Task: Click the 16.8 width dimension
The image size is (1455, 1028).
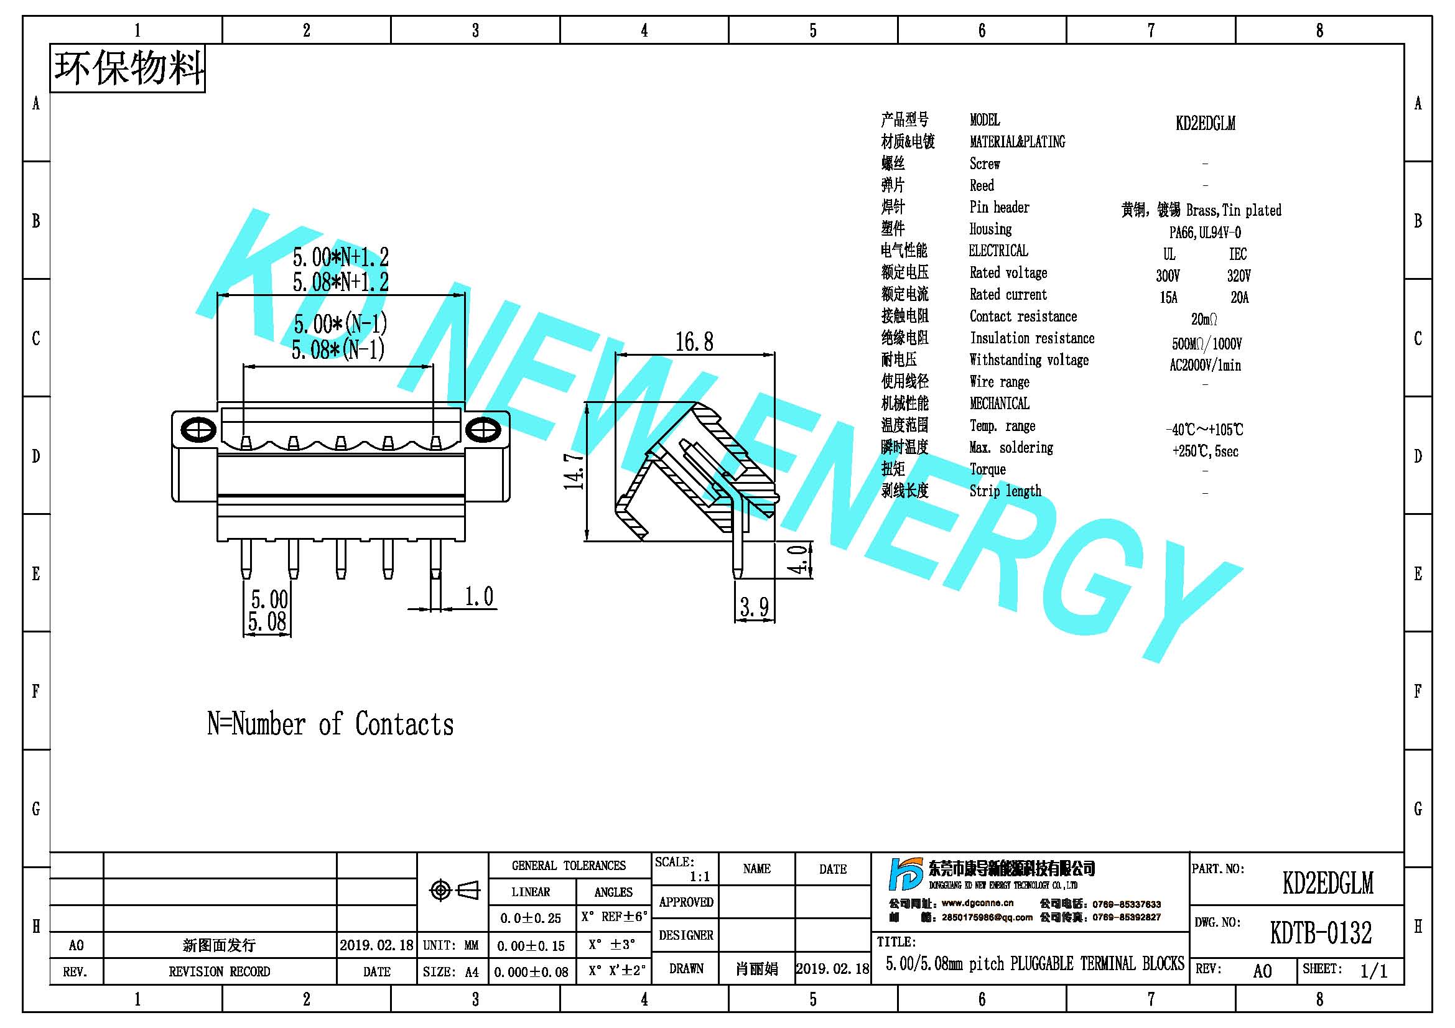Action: click(x=694, y=342)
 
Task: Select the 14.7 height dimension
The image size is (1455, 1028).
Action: click(x=574, y=471)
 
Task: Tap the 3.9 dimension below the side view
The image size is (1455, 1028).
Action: click(x=754, y=607)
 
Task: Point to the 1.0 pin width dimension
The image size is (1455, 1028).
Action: click(x=478, y=596)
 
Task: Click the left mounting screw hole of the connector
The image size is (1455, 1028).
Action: click(x=198, y=430)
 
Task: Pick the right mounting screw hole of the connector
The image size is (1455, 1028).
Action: click(x=483, y=430)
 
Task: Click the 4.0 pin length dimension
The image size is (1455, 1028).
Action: click(x=800, y=559)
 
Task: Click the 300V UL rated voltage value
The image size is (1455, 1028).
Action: click(x=1168, y=276)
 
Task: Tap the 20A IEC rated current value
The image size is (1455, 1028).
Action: click(x=1240, y=297)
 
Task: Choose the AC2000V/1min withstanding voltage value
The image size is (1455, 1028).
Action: click(x=1205, y=366)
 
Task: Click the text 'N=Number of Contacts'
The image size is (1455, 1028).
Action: click(x=330, y=724)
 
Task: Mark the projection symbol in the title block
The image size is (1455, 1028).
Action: click(x=454, y=891)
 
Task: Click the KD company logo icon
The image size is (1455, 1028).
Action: click(x=906, y=874)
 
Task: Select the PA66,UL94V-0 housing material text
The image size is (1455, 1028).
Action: click(x=1205, y=233)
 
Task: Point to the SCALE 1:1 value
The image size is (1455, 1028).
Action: click(x=700, y=877)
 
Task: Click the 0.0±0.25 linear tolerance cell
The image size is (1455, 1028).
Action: click(x=531, y=918)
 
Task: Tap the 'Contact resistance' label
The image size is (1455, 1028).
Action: click(x=1023, y=316)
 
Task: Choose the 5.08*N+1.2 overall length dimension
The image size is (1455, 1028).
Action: click(x=340, y=282)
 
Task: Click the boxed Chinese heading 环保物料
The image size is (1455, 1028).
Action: click(x=128, y=68)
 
